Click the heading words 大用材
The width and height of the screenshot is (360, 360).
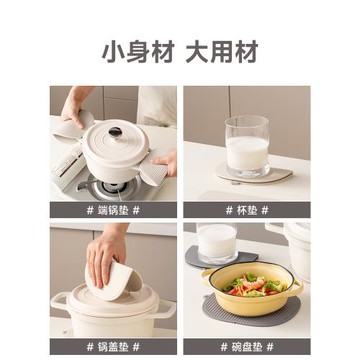pyautogui.click(x=221, y=50)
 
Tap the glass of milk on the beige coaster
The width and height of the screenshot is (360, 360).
pyautogui.click(x=246, y=146)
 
